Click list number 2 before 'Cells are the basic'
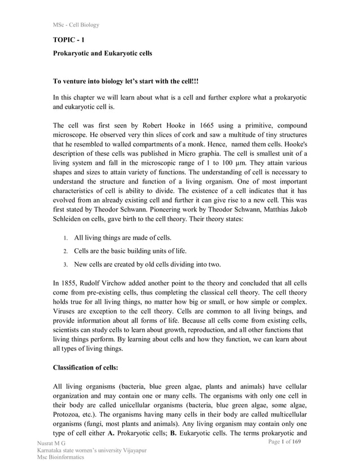(x=65, y=251)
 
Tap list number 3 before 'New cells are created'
(x=65, y=265)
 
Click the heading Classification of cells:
(x=93, y=368)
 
